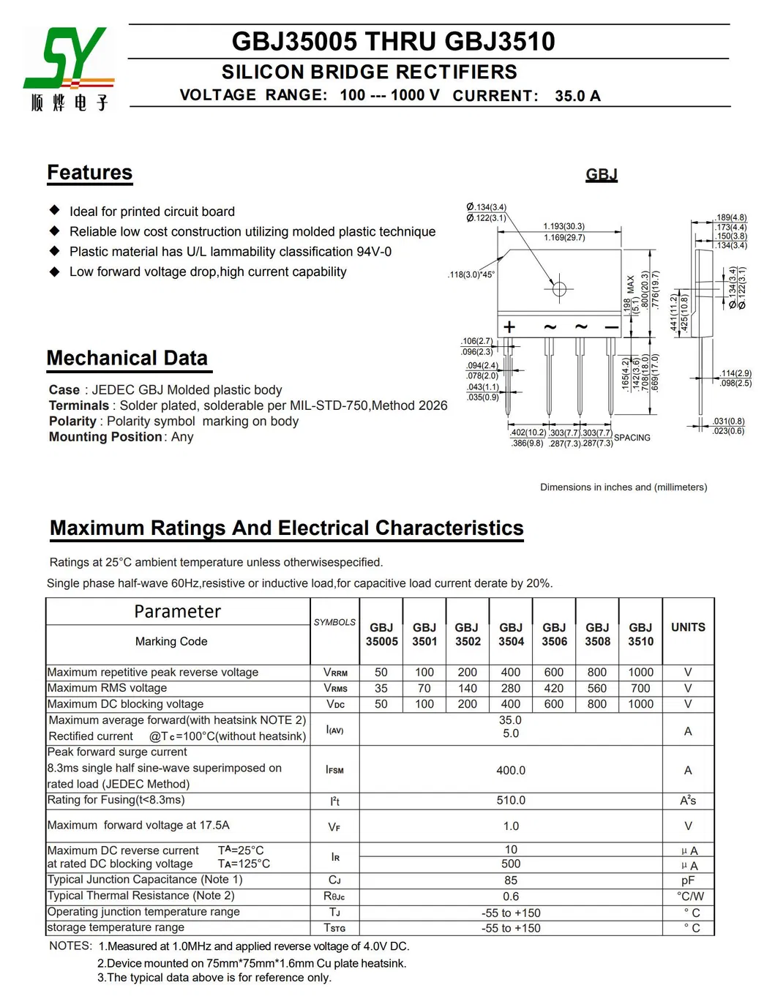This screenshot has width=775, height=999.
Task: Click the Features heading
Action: click(x=90, y=173)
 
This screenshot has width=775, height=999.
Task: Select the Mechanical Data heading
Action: click(x=127, y=358)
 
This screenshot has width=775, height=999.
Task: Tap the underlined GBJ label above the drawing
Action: click(x=602, y=174)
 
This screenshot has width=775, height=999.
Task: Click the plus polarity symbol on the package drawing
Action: click(x=509, y=327)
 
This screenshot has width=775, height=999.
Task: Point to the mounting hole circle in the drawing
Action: click(x=559, y=288)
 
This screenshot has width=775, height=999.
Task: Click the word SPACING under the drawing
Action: click(x=632, y=438)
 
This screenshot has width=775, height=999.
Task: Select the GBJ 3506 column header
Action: click(x=554, y=634)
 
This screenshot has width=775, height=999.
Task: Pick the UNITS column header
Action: click(x=688, y=627)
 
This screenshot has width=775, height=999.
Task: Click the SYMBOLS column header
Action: click(x=334, y=622)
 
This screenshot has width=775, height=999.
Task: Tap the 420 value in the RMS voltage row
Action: click(x=554, y=688)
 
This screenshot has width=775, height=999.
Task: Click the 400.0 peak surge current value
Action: click(x=511, y=770)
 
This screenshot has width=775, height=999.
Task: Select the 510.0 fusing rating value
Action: click(x=511, y=801)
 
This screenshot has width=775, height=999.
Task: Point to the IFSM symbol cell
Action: click(x=334, y=770)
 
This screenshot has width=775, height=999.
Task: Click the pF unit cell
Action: click(x=688, y=880)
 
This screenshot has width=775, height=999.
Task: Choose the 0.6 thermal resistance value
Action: click(x=511, y=897)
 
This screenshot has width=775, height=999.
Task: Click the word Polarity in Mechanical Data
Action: click(x=72, y=422)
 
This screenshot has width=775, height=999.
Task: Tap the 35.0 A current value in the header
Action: click(x=577, y=96)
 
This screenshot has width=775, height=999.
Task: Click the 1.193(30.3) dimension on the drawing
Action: click(x=564, y=226)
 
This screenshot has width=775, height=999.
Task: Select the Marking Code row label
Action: click(x=171, y=641)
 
